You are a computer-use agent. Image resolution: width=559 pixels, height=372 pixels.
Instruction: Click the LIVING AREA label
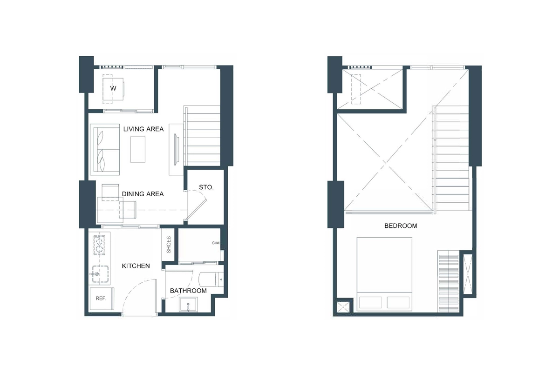click(x=143, y=129)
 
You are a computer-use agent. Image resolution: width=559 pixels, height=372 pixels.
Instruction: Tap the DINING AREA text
click(x=143, y=194)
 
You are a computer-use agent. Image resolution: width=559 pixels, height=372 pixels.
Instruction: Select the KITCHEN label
click(x=136, y=266)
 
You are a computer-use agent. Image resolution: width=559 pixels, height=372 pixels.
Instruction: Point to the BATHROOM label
click(x=188, y=291)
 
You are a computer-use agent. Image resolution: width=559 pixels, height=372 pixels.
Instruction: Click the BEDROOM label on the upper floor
click(x=400, y=226)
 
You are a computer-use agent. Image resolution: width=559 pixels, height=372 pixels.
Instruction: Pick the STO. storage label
click(x=206, y=187)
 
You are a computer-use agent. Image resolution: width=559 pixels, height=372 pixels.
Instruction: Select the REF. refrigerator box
click(x=101, y=299)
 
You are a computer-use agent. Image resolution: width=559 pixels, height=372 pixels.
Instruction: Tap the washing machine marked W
click(x=113, y=88)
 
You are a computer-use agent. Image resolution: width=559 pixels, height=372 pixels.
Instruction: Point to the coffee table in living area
click(x=138, y=149)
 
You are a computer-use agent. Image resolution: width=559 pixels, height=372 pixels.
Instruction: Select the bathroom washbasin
click(x=189, y=305)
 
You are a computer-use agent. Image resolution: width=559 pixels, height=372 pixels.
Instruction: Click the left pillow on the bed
click(x=371, y=302)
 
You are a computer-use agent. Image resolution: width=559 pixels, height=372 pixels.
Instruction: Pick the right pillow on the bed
click(x=398, y=302)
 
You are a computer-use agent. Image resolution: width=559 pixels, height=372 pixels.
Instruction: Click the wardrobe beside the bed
click(x=448, y=282)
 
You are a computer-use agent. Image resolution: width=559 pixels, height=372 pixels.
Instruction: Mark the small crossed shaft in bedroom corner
click(x=345, y=307)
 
